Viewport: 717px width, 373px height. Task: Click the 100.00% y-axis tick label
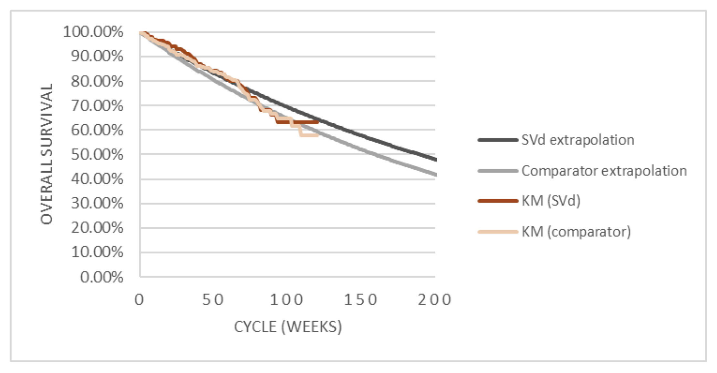[x=93, y=32]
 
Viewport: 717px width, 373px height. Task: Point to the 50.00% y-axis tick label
[x=97, y=154]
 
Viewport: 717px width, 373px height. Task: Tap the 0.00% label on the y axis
[x=101, y=277]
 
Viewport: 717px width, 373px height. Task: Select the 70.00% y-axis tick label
[x=97, y=106]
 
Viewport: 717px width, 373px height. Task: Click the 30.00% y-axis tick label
[x=97, y=203]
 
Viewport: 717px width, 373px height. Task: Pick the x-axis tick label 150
[x=361, y=300]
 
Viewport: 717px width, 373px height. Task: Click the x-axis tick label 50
[x=213, y=300]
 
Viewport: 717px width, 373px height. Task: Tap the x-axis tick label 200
[x=434, y=300]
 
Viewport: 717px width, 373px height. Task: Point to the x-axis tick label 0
[x=139, y=300]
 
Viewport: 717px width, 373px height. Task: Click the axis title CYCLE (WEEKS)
[x=288, y=327]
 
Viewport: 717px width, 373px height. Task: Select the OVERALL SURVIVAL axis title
[x=47, y=154]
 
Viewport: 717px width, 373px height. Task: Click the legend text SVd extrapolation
[x=577, y=140]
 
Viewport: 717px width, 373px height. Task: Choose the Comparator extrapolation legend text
[x=604, y=171]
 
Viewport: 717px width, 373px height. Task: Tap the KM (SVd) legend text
[x=551, y=201]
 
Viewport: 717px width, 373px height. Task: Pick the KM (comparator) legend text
[x=576, y=232]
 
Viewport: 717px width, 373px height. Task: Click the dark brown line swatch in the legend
[x=498, y=201]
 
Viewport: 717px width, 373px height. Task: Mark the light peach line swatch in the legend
[x=498, y=232]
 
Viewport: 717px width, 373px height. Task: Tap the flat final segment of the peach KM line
[x=309, y=135]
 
